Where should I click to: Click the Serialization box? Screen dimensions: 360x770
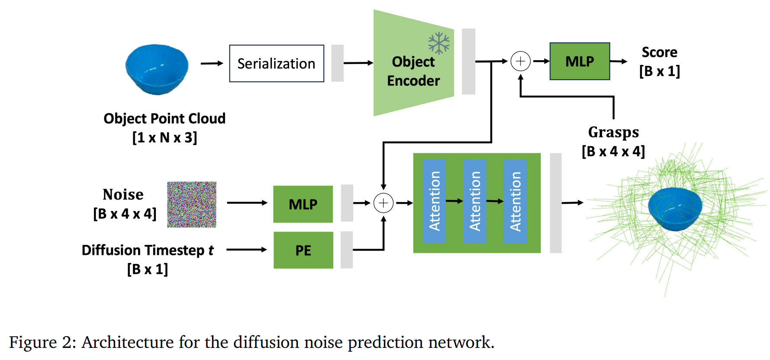pyautogui.click(x=277, y=64)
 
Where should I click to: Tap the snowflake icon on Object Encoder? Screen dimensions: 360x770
pyautogui.click(x=439, y=43)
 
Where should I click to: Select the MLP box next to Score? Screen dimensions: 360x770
pyautogui.click(x=580, y=61)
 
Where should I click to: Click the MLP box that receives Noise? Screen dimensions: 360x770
pyautogui.click(x=303, y=204)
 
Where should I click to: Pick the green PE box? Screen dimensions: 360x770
pyautogui.click(x=303, y=250)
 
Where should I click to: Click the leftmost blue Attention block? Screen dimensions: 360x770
pyautogui.click(x=434, y=201)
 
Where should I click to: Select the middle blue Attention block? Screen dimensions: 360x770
pyautogui.click(x=475, y=201)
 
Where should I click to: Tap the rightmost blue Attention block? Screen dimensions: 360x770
pyautogui.click(x=515, y=201)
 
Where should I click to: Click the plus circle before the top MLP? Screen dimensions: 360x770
pyautogui.click(x=520, y=61)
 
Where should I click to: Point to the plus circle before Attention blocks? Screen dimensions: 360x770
pyautogui.click(x=383, y=203)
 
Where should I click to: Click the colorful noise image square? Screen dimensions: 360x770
pyautogui.click(x=192, y=204)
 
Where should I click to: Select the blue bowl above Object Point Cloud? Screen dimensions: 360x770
pyautogui.click(x=157, y=69)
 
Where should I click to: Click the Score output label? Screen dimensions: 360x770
pyautogui.click(x=659, y=52)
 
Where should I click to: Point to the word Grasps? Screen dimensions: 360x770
pyautogui.click(x=613, y=132)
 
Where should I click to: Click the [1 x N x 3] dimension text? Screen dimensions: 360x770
pyautogui.click(x=164, y=138)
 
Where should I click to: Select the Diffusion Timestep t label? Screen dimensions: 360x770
pyautogui.click(x=148, y=250)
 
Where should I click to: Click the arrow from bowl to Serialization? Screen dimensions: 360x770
pyautogui.click(x=212, y=64)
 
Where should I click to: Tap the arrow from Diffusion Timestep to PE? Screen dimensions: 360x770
pyautogui.click(x=246, y=250)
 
